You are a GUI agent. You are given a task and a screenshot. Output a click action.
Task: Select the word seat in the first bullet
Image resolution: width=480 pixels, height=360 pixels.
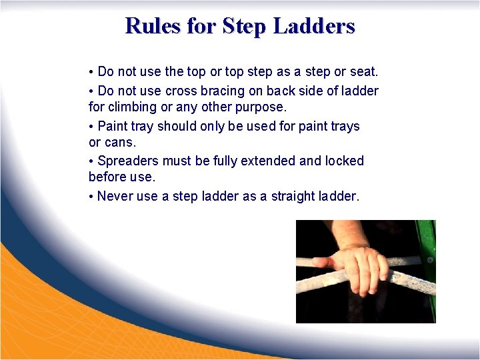tap(364, 71)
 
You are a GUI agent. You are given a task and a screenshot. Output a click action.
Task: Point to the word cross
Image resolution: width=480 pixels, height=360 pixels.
tap(181, 91)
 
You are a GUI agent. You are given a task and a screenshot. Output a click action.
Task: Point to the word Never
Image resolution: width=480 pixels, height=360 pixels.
tap(115, 196)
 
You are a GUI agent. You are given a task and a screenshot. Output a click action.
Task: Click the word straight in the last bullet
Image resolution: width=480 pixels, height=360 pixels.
tap(293, 197)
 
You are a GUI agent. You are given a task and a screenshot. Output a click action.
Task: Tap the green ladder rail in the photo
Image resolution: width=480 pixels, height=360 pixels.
tap(427, 267)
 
